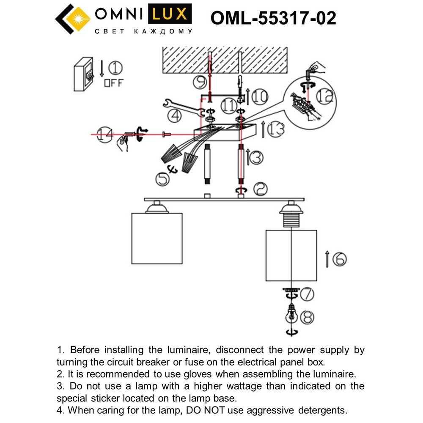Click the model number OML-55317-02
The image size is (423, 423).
click(273, 18)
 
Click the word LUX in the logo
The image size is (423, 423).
click(168, 15)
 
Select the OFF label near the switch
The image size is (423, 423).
click(114, 83)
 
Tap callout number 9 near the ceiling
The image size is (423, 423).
click(199, 82)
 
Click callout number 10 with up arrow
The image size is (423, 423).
click(259, 97)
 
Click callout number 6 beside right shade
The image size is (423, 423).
click(339, 258)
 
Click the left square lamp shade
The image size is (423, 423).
click(157, 239)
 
